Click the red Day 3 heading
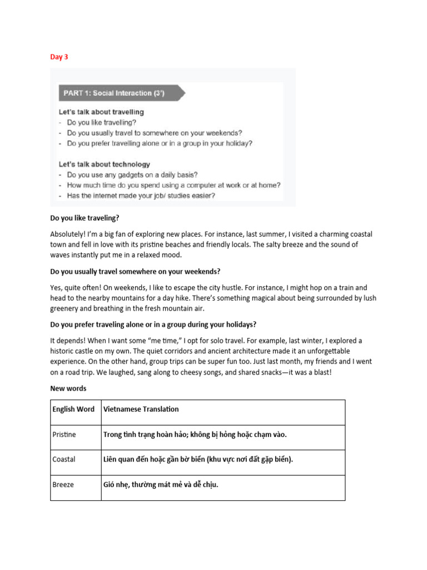[59, 57]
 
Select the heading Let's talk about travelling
[101, 112]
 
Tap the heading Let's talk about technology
[105, 164]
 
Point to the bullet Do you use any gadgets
[132, 175]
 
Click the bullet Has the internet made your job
[141, 195]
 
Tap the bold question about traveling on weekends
[135, 272]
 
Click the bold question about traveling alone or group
[153, 325]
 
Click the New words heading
[68, 388]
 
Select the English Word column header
[73, 409]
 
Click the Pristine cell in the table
[64, 434]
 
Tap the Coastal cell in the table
[64, 459]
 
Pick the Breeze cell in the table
[63, 484]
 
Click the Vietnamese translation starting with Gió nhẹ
[161, 484]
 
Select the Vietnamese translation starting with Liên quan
[198, 459]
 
